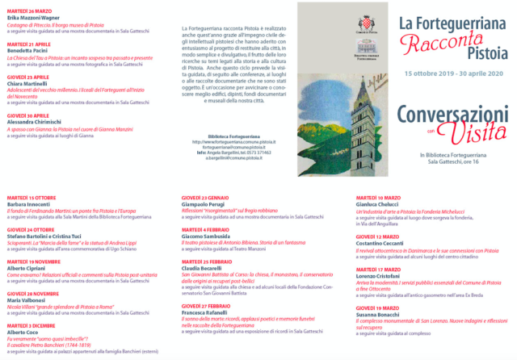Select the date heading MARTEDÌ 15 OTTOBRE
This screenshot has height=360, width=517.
click(32, 198)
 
